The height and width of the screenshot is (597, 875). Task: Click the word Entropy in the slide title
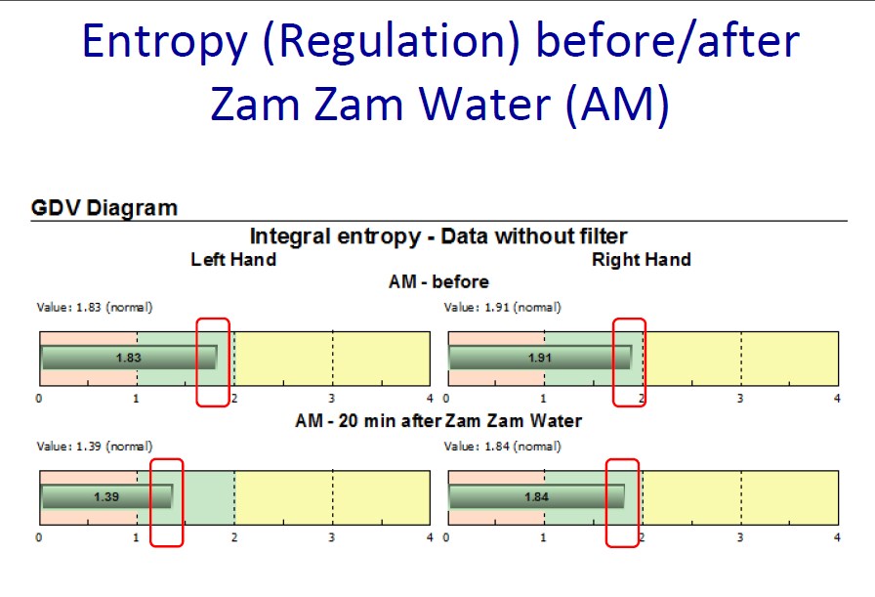(x=165, y=41)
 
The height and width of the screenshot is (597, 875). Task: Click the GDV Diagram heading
(x=104, y=208)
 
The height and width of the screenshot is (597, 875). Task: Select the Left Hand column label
(x=233, y=260)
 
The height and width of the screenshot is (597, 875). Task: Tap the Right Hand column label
(x=642, y=260)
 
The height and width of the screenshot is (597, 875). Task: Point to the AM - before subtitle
(x=438, y=281)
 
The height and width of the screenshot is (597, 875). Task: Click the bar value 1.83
(x=128, y=358)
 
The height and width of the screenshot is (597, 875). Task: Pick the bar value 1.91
(x=540, y=358)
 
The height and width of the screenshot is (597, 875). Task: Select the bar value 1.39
(x=106, y=496)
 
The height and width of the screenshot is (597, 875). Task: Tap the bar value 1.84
(x=536, y=496)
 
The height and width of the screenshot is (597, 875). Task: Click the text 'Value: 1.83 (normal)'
(x=95, y=307)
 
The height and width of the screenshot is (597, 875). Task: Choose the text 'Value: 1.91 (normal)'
(x=502, y=307)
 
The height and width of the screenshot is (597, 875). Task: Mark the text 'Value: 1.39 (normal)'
(x=95, y=447)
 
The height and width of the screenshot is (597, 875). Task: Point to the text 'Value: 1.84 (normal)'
(x=502, y=447)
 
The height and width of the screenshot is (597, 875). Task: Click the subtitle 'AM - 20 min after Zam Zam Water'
(x=438, y=420)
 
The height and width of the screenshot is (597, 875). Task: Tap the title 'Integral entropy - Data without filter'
(x=438, y=236)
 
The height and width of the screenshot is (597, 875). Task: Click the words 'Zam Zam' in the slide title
(x=307, y=105)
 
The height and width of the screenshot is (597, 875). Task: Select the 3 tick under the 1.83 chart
(x=332, y=399)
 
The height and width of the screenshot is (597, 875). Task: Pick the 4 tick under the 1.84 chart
(x=837, y=537)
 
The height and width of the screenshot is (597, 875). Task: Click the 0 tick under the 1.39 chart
(x=38, y=537)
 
